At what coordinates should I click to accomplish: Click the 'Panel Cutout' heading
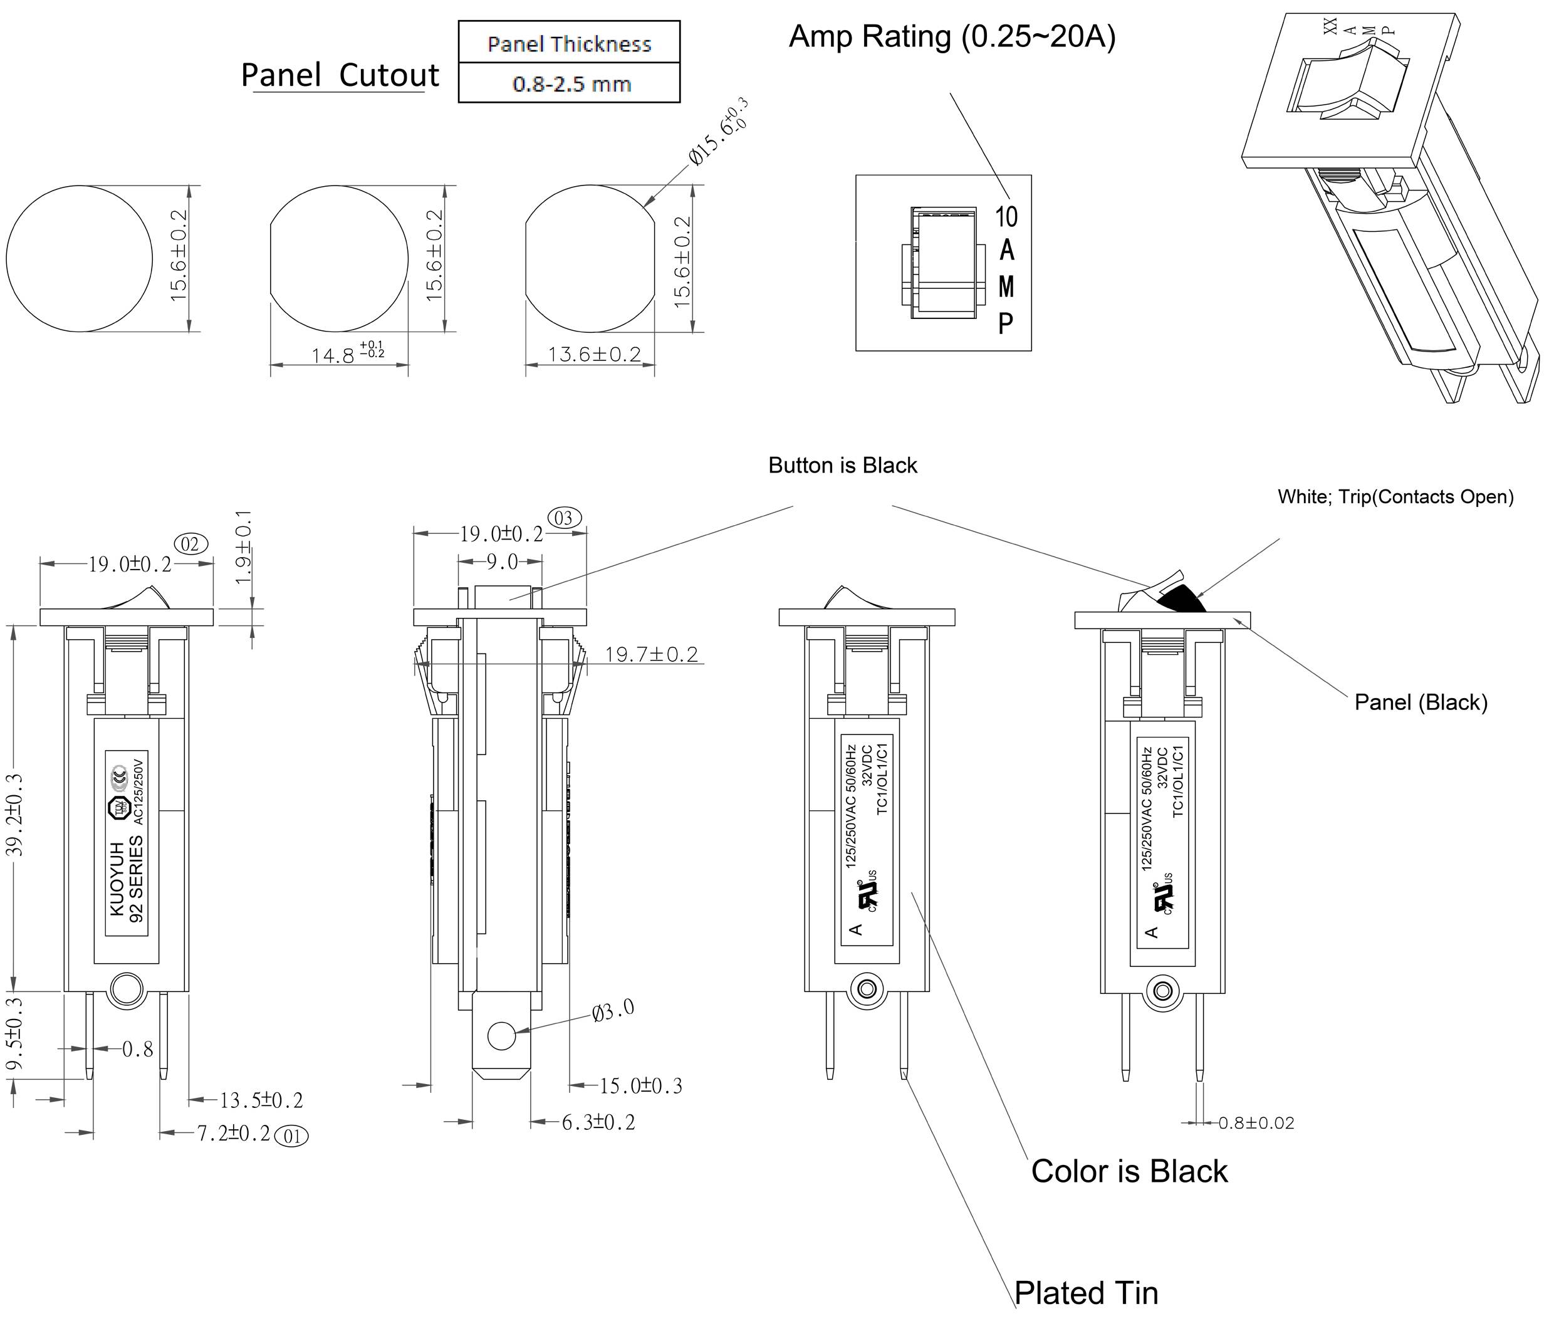coord(339,75)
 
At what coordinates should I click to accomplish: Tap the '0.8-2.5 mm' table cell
coord(571,84)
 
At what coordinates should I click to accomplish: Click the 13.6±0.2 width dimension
coord(594,353)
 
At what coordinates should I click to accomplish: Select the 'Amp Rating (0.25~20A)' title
coord(951,36)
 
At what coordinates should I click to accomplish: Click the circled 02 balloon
coord(190,544)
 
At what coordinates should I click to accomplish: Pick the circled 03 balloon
coord(564,518)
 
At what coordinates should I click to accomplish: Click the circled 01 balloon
coord(292,1136)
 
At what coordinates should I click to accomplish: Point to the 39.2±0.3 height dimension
coord(17,815)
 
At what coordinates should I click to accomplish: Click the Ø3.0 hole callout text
coord(613,1011)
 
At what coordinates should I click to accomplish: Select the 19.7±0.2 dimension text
coord(651,654)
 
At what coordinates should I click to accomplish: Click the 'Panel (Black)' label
coord(1420,702)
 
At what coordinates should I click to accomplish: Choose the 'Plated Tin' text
coord(1085,1293)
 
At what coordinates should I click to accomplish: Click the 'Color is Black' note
coord(1129,1171)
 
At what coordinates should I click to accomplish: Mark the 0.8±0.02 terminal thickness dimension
coord(1256,1122)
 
